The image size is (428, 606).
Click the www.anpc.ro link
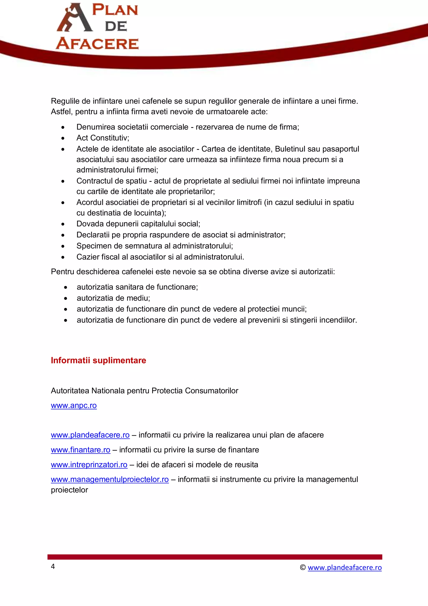tap(74, 405)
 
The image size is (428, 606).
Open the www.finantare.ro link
tap(80, 450)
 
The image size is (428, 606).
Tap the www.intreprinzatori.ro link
tap(89, 465)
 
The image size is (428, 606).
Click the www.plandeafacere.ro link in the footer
tap(345, 568)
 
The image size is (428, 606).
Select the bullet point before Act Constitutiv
tap(63, 138)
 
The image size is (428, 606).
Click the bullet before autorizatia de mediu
tap(66, 299)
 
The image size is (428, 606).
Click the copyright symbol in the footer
tap(303, 568)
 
